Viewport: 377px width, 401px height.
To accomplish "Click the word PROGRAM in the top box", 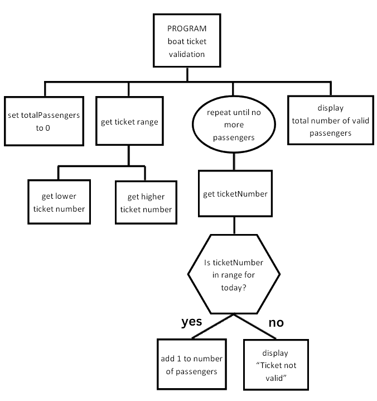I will click(x=187, y=28).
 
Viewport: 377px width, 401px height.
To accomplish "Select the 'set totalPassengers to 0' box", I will click(x=43, y=121).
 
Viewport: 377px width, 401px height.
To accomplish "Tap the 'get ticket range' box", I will click(x=129, y=121).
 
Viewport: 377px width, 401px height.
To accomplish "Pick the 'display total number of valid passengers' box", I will click(x=330, y=121).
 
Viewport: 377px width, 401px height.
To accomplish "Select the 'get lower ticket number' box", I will click(x=59, y=202).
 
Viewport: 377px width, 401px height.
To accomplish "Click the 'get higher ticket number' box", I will click(x=145, y=203).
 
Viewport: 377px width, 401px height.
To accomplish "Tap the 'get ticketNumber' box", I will click(x=235, y=194).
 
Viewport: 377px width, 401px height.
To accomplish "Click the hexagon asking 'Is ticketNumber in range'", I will click(x=234, y=274).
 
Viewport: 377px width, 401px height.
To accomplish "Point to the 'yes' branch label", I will click(x=192, y=322).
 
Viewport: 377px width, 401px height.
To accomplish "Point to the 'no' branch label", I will click(x=277, y=322).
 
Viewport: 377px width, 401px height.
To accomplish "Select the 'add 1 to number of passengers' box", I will click(x=191, y=364).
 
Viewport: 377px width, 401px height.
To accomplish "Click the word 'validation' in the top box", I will click(x=187, y=54).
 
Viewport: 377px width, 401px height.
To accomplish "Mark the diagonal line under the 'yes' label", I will click(x=212, y=326).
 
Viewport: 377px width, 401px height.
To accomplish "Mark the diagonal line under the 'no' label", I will click(x=255, y=326).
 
